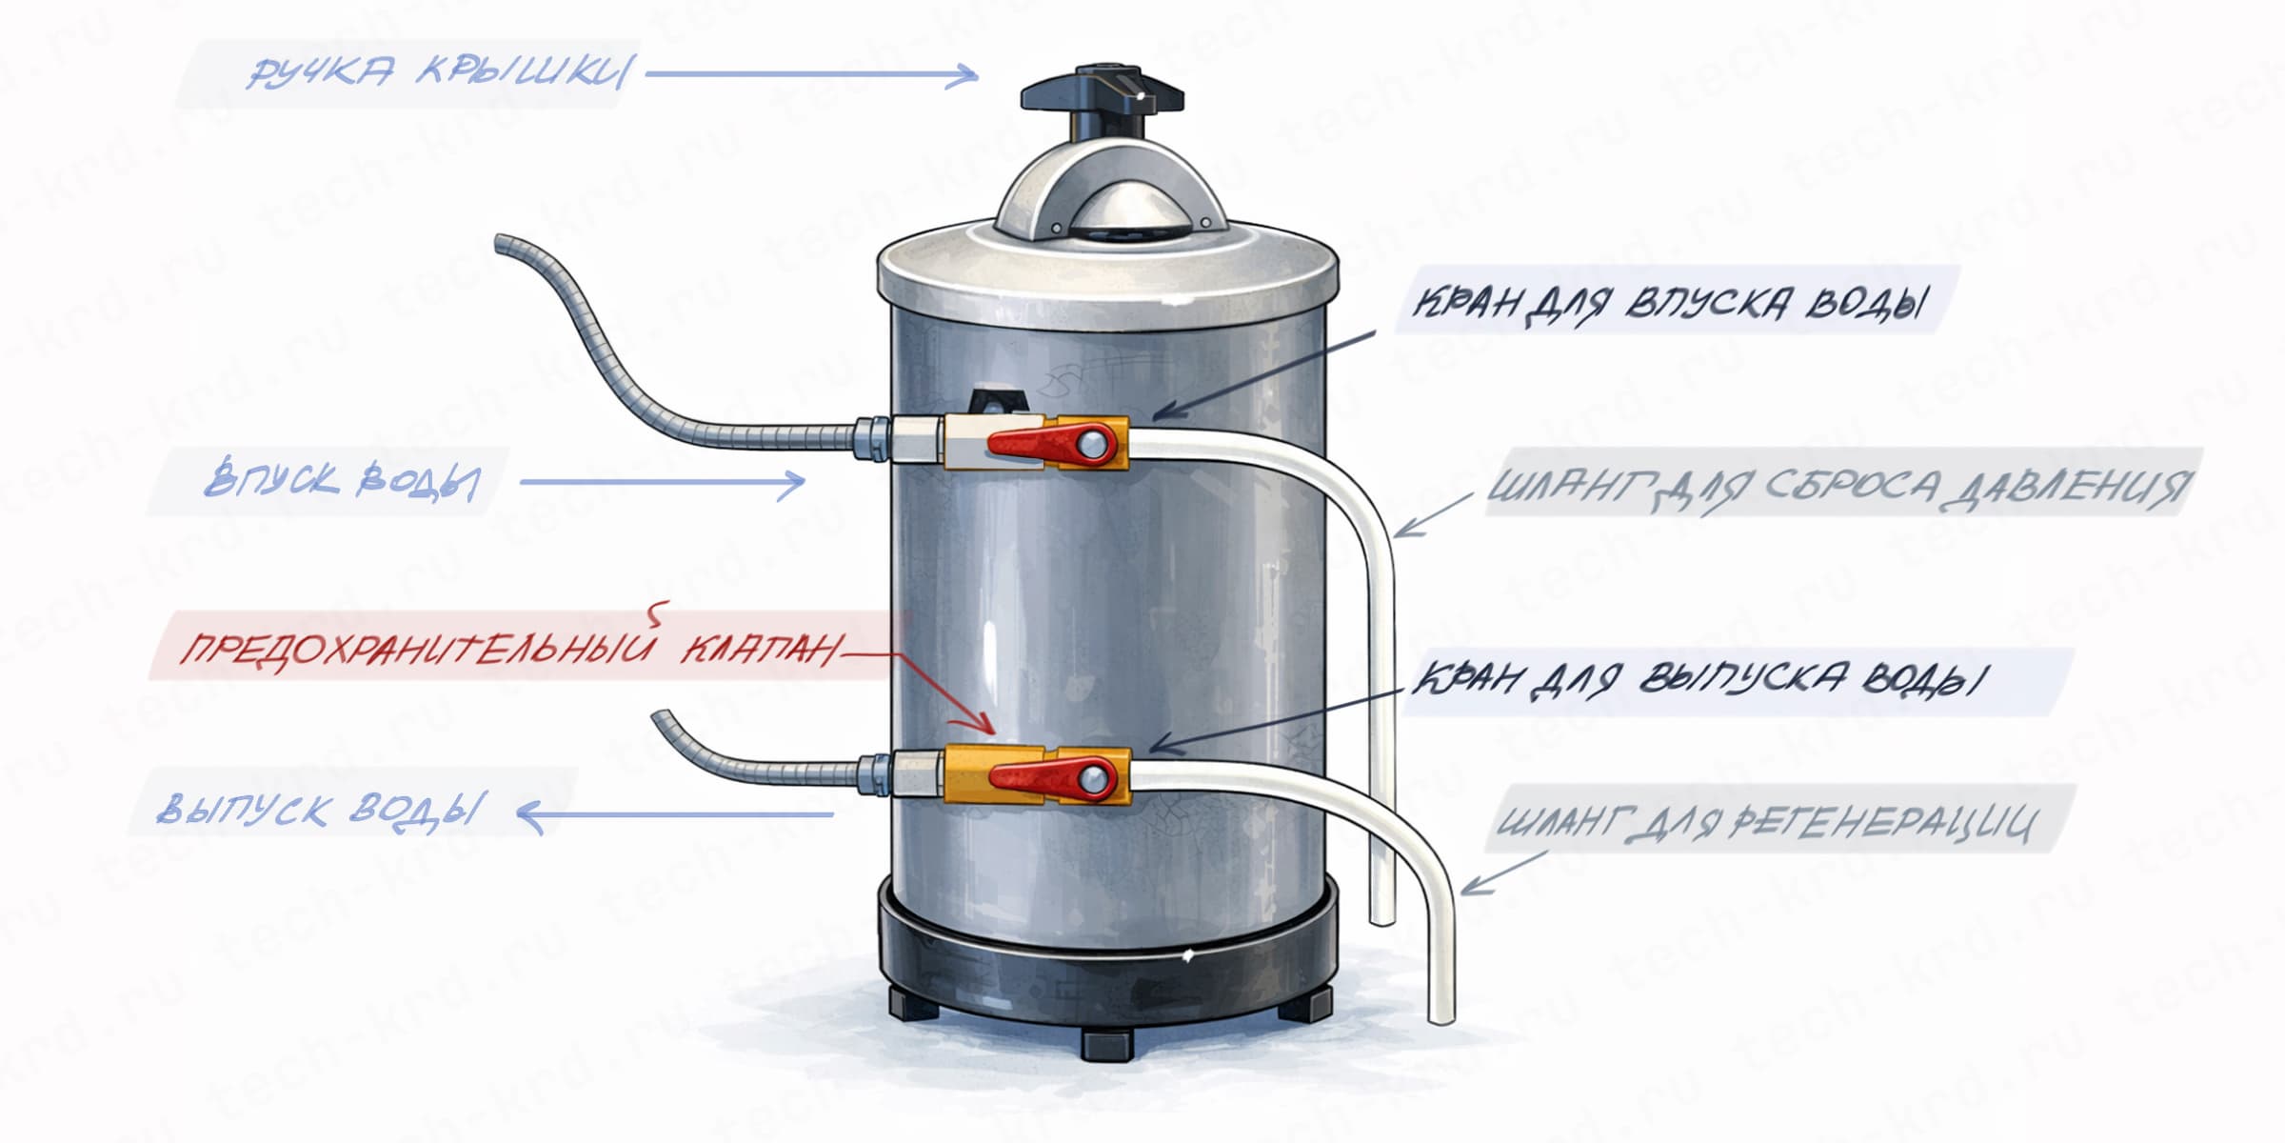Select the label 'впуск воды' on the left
pos(341,481)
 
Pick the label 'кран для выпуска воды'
pos(1699,679)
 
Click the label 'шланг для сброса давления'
pos(1838,486)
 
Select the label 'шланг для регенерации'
pos(1766,821)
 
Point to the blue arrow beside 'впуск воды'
pos(662,483)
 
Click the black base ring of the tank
pos(1104,962)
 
